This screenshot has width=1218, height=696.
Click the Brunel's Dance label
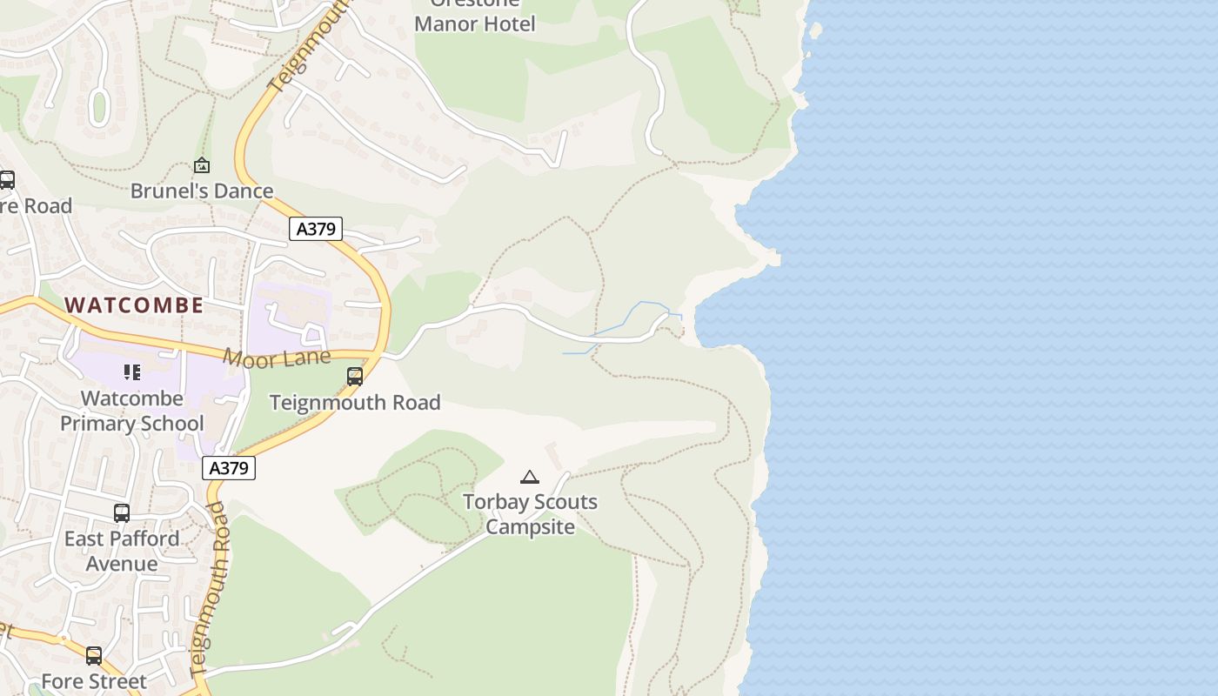click(x=202, y=191)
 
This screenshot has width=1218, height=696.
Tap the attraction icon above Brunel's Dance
click(x=202, y=164)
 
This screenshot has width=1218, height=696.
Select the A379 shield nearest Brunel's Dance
click(x=316, y=229)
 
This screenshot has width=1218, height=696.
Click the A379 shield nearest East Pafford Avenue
click(x=230, y=468)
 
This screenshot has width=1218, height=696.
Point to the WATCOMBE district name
click(x=135, y=304)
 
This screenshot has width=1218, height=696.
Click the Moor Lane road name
click(x=277, y=358)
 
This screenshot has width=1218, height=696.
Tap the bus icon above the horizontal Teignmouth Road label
click(x=355, y=377)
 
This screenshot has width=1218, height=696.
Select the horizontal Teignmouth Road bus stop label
click(x=355, y=402)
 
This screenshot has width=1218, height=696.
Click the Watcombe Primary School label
click(x=132, y=411)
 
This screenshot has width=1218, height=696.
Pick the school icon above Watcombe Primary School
click(x=132, y=372)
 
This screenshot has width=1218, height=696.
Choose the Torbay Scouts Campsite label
click(x=530, y=514)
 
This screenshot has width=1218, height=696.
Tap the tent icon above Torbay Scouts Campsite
click(x=530, y=477)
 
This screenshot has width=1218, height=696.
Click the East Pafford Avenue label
click(x=122, y=551)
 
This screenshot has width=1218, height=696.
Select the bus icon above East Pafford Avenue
click(x=122, y=513)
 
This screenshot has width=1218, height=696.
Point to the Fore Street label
click(x=94, y=681)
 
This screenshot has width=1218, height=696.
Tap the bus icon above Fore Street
click(x=94, y=656)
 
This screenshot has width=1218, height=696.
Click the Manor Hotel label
click(x=474, y=23)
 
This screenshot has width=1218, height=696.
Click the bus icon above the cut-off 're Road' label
click(x=7, y=180)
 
